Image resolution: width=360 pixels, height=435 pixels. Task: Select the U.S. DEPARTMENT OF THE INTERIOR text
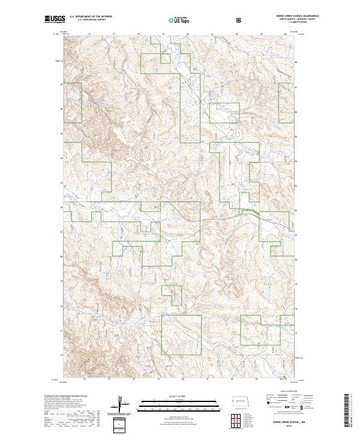[91, 17]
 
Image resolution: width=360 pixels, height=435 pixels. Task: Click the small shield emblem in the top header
[240, 20]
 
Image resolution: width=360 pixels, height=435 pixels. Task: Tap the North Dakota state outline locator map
[241, 400]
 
